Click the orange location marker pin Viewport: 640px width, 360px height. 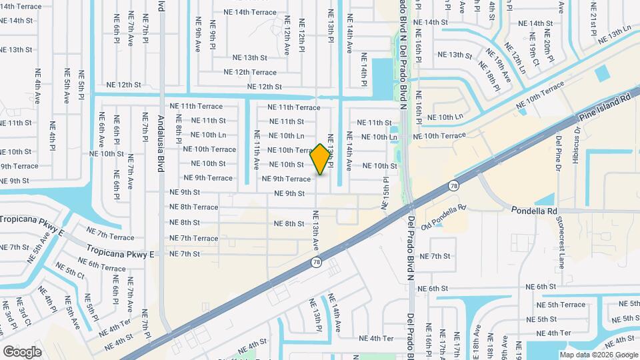[x=321, y=159]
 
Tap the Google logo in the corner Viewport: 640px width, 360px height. [x=22, y=351]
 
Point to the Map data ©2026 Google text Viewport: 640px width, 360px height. [x=599, y=355]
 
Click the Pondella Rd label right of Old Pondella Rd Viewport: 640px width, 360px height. [x=533, y=210]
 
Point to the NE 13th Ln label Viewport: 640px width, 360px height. [x=614, y=35]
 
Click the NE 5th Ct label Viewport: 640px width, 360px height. [x=70, y=273]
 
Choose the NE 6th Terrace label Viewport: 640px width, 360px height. [x=102, y=267]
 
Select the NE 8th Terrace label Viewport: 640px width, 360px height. [x=194, y=207]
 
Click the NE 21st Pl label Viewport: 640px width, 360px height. [x=593, y=19]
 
